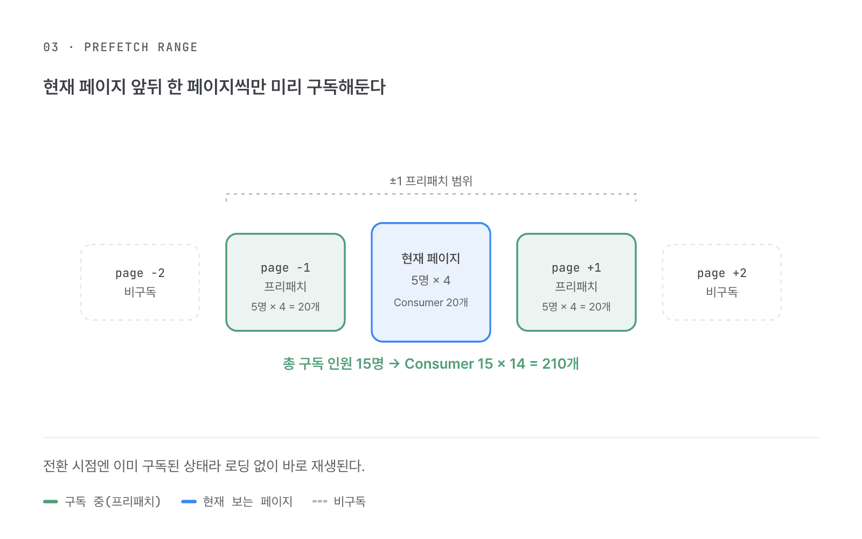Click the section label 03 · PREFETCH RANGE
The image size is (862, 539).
(121, 47)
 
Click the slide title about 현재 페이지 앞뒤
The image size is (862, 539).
(214, 87)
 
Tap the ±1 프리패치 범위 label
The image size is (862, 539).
(430, 181)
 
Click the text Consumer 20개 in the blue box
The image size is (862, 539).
(431, 302)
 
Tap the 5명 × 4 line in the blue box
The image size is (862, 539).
(430, 280)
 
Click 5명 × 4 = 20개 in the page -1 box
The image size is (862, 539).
(285, 307)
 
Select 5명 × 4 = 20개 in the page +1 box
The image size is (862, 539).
(576, 307)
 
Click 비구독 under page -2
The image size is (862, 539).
(140, 292)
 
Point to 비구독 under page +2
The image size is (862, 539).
(722, 292)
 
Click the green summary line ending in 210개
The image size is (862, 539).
(430, 364)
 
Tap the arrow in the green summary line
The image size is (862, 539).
(394, 364)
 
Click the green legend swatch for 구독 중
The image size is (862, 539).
(51, 502)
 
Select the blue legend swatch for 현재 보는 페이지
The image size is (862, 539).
(189, 502)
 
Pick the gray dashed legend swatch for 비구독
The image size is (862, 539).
(320, 502)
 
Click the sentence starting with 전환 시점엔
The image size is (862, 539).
(204, 466)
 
